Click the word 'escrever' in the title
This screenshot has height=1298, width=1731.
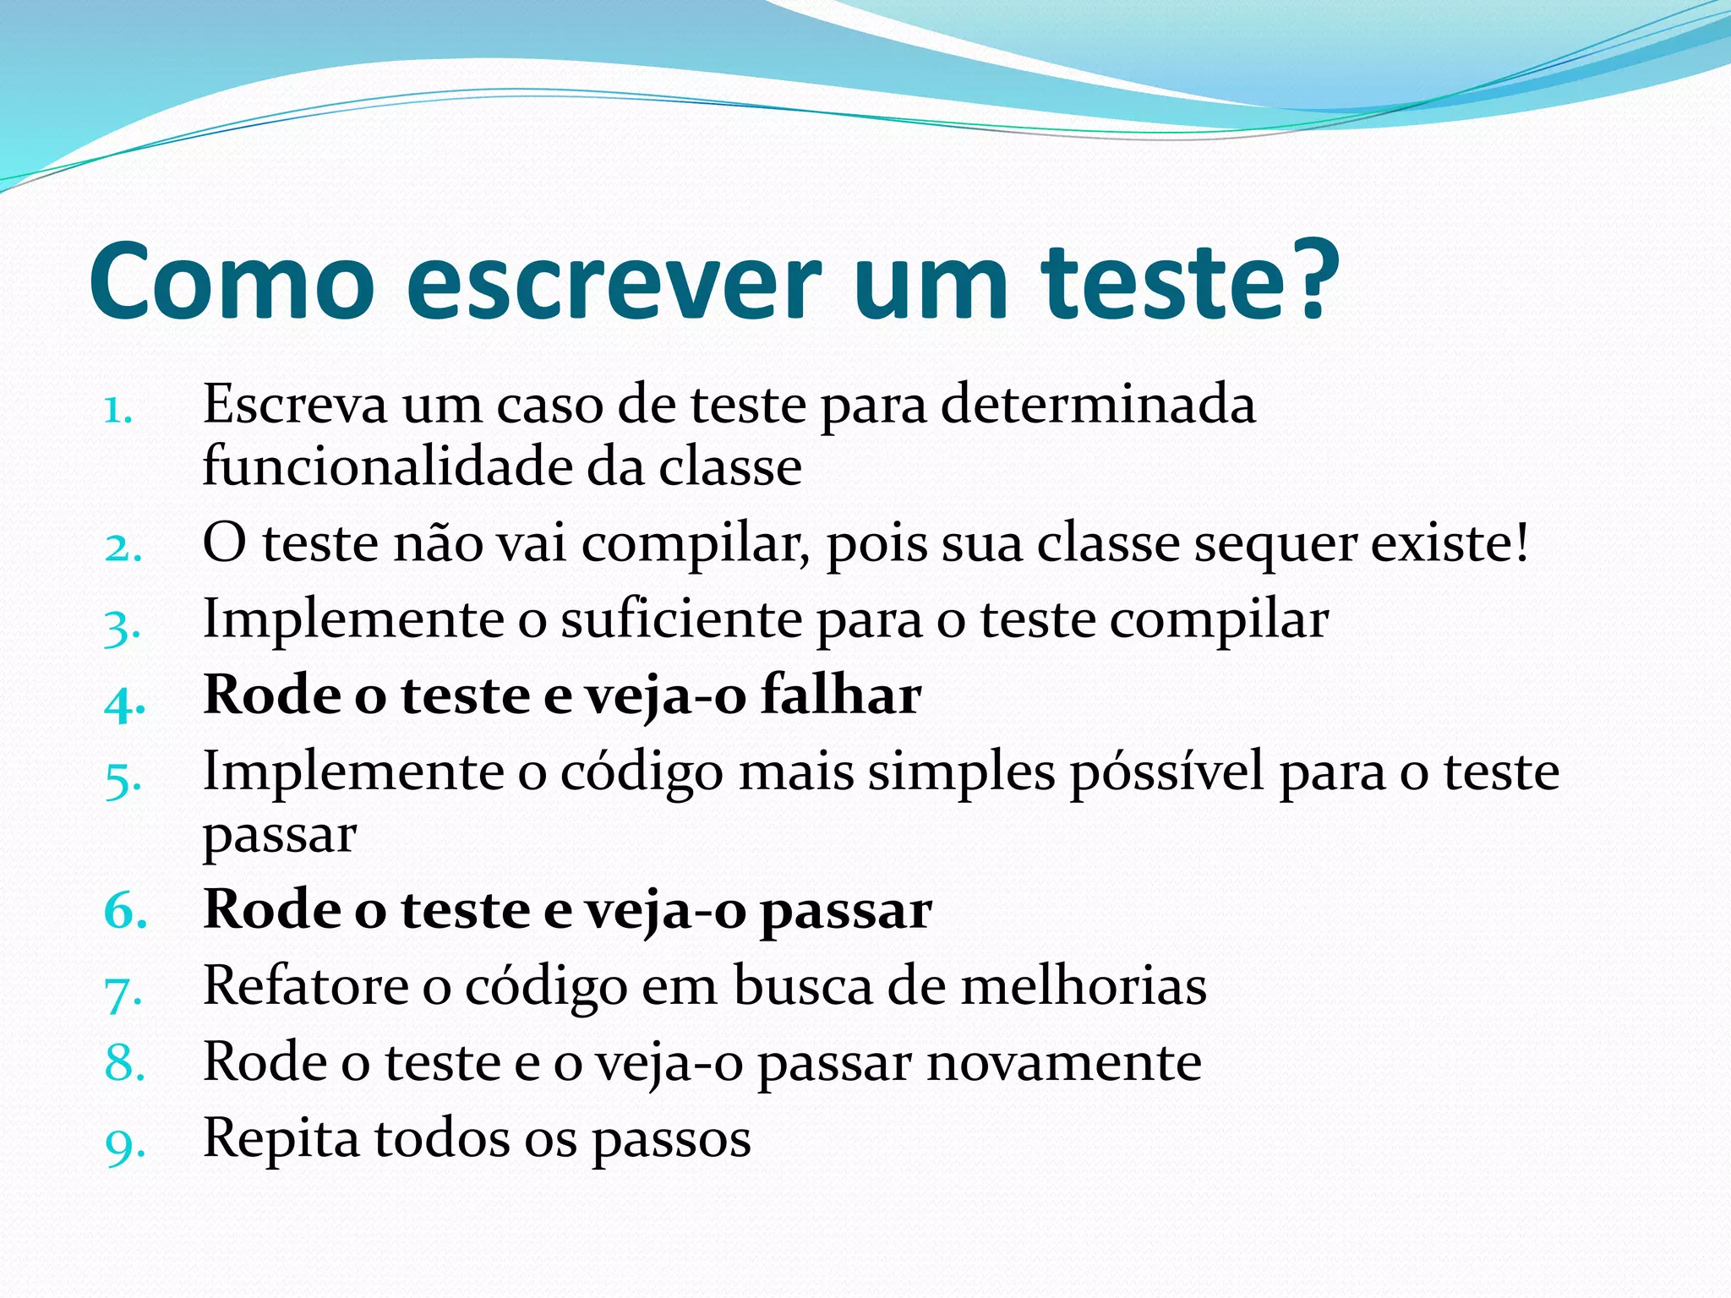[x=614, y=284]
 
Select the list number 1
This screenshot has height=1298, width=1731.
[x=118, y=411]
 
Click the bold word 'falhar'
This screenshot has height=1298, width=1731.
[x=841, y=695]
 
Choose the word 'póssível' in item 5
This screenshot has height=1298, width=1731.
[x=1166, y=773]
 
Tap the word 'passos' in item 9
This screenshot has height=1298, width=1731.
[x=670, y=1142]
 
